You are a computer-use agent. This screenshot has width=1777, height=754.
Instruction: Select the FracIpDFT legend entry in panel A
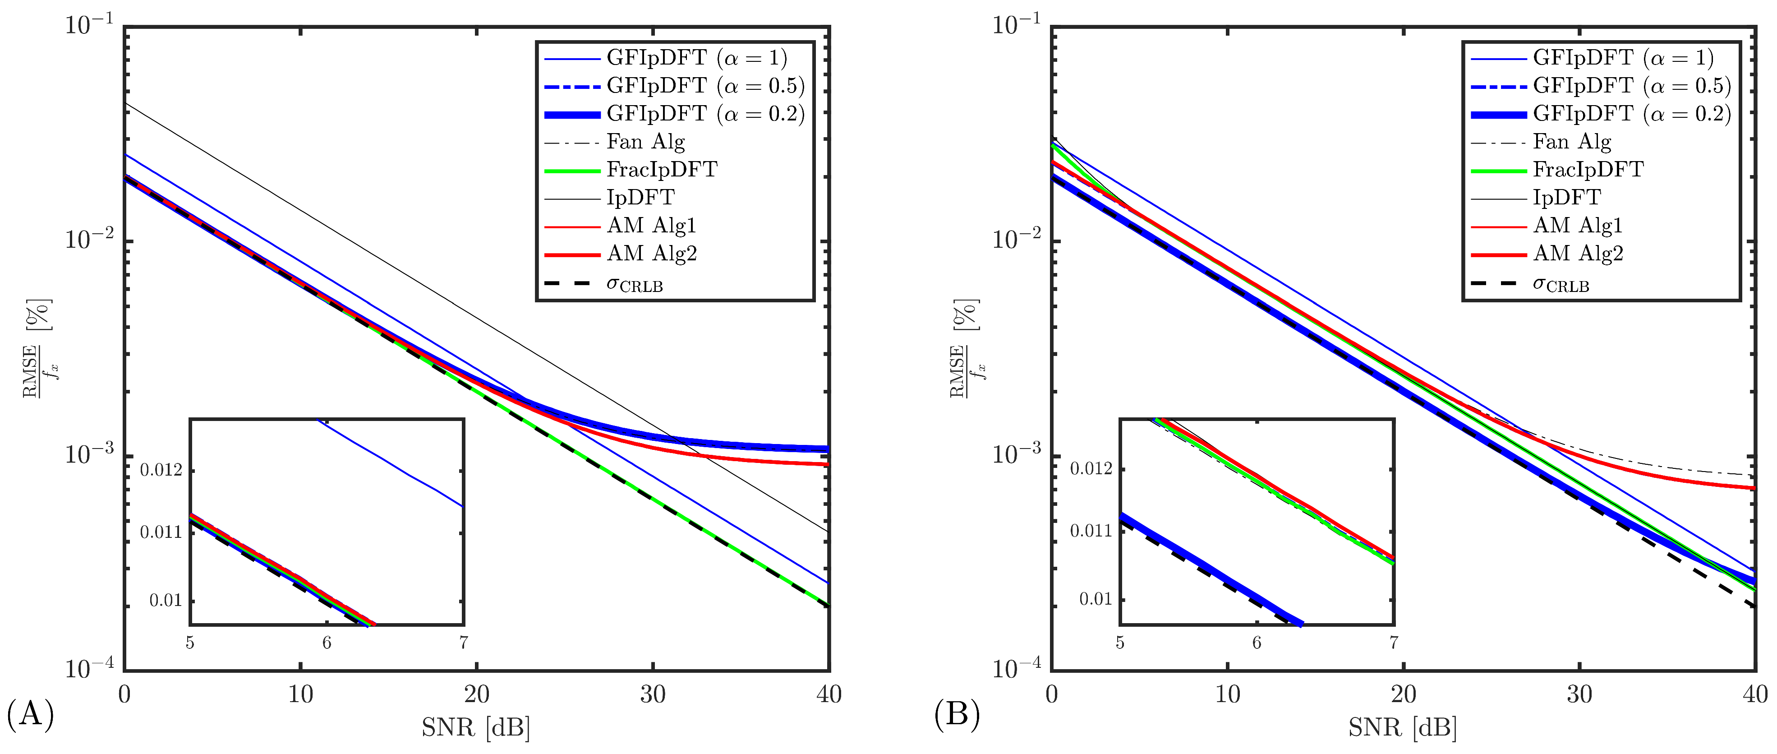coord(662,170)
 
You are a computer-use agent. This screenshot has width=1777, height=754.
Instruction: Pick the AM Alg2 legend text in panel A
coord(652,254)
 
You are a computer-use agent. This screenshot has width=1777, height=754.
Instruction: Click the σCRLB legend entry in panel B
coord(1561,283)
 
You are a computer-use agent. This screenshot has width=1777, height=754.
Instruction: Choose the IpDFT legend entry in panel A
coord(640,198)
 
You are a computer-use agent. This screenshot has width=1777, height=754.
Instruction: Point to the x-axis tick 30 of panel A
coord(653,694)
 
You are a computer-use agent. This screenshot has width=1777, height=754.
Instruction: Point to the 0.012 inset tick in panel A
coord(161,471)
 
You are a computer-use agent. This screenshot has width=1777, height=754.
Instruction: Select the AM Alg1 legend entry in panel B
coord(1578,226)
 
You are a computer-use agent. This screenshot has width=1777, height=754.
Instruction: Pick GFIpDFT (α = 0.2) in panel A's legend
coord(706,114)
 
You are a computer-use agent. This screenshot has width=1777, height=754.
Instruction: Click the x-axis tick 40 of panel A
coord(829,694)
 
